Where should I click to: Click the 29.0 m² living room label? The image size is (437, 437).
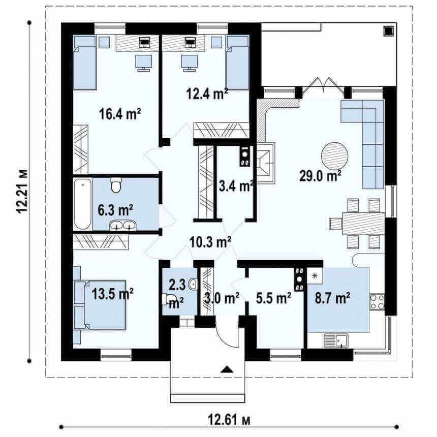(320, 176)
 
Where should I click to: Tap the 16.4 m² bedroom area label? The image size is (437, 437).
(120, 114)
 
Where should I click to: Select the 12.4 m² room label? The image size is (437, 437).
(207, 93)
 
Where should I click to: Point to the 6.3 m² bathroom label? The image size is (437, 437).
(115, 210)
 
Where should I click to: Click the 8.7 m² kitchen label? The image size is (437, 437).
(333, 298)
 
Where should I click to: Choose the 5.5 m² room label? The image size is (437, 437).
(274, 298)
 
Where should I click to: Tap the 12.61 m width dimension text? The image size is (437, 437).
(229, 420)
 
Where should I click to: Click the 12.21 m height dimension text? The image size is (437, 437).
(22, 192)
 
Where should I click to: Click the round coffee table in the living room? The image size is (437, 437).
(334, 155)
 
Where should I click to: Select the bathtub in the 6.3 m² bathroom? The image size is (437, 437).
(82, 204)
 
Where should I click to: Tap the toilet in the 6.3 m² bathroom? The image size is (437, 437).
(116, 185)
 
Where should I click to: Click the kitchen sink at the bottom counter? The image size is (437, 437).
(336, 341)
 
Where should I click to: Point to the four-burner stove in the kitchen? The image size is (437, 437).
(377, 302)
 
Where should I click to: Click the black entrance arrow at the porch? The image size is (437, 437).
(227, 369)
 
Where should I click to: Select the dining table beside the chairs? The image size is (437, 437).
(363, 224)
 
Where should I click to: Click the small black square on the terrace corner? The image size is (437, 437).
(389, 31)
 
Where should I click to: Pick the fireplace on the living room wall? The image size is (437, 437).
(266, 163)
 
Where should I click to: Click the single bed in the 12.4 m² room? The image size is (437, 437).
(237, 63)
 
